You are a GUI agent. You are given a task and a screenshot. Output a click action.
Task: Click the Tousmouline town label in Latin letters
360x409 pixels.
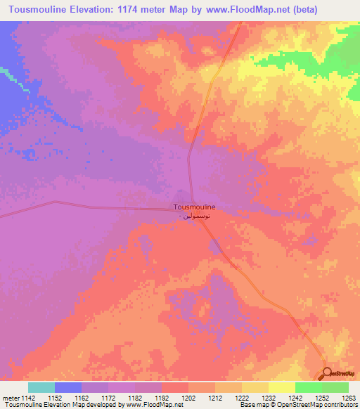pos(194,207)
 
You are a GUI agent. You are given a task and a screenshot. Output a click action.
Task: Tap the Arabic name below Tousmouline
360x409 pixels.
pos(194,217)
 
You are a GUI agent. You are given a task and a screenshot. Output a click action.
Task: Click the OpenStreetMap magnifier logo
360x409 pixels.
pos(327,375)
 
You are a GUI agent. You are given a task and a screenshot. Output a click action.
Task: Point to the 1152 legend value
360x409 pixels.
pos(54,398)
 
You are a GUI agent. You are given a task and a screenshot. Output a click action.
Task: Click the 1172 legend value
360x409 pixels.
pos(108,398)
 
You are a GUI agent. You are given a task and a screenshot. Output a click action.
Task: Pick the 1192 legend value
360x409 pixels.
pos(161,398)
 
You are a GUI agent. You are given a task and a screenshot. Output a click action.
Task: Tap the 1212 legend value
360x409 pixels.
pos(214,398)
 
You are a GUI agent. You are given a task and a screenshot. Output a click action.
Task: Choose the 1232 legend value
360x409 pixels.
pos(268,398)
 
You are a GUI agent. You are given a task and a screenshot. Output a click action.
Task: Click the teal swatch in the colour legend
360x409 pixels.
pos(41,387)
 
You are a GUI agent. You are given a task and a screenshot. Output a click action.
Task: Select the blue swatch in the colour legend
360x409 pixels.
pos(68,387)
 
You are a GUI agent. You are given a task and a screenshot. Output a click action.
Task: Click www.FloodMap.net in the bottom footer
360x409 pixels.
pos(148,405)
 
